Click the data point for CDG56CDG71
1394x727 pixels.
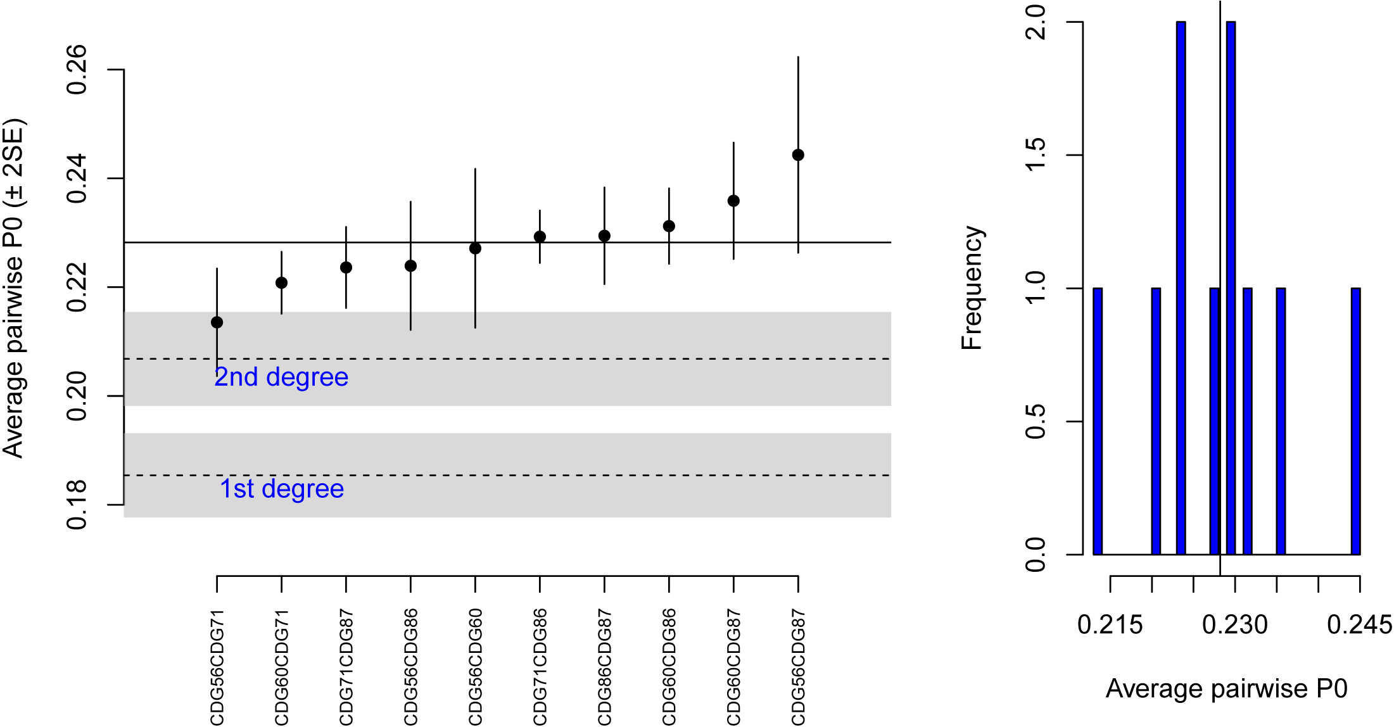point(217,322)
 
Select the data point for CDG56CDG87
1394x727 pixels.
point(798,155)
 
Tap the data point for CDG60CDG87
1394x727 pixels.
point(733,201)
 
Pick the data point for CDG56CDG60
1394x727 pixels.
point(475,248)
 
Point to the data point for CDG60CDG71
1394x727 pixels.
point(281,282)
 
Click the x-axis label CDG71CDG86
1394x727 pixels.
point(540,666)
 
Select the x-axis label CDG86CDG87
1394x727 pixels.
point(604,666)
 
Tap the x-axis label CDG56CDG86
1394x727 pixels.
point(410,666)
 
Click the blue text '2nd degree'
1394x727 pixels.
point(281,377)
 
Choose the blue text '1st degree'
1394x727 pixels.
point(282,489)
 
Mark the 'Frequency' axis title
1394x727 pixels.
point(972,288)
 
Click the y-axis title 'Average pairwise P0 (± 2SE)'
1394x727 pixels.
point(14,288)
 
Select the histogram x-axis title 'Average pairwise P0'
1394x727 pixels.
point(1226,689)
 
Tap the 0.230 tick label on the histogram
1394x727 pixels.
point(1234,625)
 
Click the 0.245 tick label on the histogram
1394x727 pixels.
point(1359,625)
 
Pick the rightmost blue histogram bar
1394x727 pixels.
point(1355,421)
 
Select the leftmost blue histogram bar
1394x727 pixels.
point(1098,421)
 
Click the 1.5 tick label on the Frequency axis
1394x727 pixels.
point(1035,155)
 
